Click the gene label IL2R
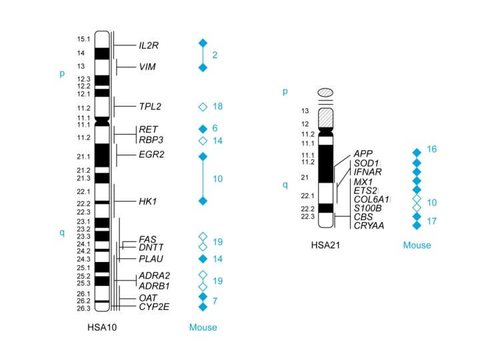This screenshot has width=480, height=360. [x=149, y=45]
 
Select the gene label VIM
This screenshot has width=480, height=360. [x=147, y=67]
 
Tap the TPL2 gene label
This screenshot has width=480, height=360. [x=150, y=107]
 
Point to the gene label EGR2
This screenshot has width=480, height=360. [x=151, y=155]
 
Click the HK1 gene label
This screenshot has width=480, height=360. [x=148, y=201]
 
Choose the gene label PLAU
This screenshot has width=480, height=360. [x=151, y=259]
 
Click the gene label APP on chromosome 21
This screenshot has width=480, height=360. [x=363, y=154]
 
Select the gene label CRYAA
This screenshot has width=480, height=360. [x=369, y=226]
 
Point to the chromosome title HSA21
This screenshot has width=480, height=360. [x=327, y=245]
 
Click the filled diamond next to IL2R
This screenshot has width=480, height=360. [x=203, y=43]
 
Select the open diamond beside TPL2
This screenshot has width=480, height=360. [x=203, y=107]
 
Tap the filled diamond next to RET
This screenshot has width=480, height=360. [x=203, y=128]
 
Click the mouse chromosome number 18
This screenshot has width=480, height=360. [x=217, y=107]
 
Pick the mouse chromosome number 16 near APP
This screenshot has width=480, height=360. [x=432, y=149]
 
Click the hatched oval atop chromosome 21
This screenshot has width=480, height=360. [x=326, y=93]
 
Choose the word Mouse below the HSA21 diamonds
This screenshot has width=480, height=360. [x=417, y=245]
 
